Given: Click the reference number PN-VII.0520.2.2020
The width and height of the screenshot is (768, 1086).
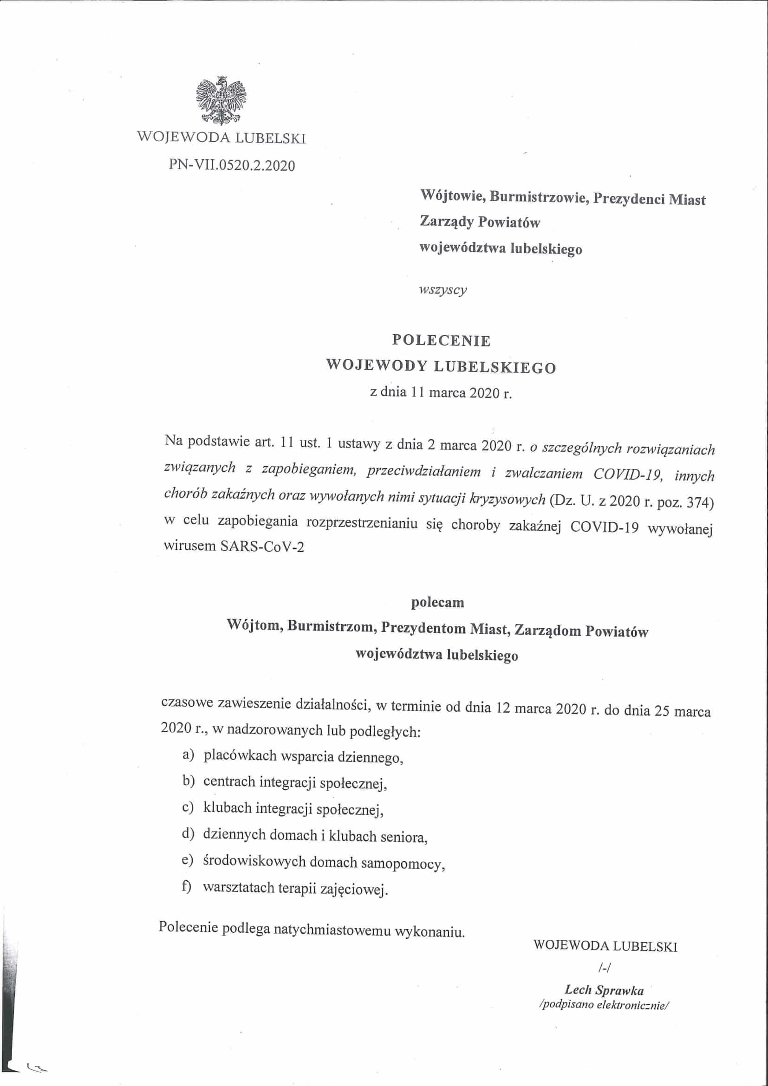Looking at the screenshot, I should point(232,165).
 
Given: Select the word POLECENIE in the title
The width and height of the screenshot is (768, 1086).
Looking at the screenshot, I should point(441,340).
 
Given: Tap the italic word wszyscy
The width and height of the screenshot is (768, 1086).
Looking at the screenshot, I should point(443,290).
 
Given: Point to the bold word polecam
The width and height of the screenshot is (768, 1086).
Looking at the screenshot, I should point(437,603).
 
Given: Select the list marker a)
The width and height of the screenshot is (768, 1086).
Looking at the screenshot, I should point(188,755).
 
